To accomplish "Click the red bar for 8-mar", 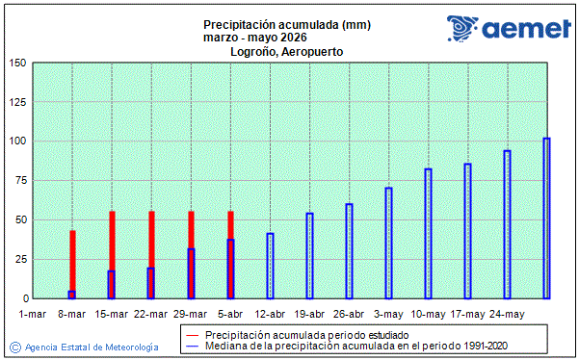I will [72, 260].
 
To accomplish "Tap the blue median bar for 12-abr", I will [271, 266].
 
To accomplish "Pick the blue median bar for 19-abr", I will [310, 255].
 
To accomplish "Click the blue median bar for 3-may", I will [389, 243].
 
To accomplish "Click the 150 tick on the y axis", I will [16, 64].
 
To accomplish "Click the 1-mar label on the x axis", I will [33, 314].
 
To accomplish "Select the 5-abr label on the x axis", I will [230, 314].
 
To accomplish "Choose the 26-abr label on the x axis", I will [349, 314].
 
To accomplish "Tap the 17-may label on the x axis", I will [467, 314].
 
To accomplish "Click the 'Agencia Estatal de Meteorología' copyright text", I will [92, 347].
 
